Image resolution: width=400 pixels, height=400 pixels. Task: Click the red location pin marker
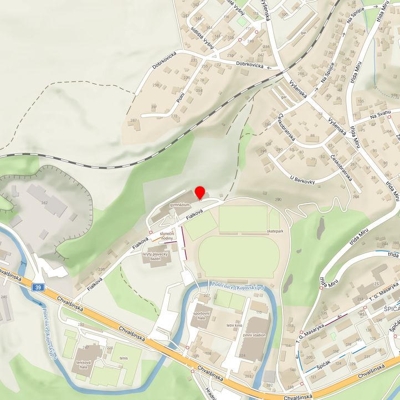coord(200,192)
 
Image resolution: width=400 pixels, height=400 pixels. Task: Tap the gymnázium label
coord(181,205)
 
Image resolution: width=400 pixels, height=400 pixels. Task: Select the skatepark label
coord(275,230)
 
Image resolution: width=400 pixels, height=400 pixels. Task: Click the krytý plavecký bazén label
coord(155,257)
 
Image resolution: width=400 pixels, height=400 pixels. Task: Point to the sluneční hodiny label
coord(167,236)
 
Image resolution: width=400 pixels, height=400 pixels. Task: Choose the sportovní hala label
coord(201,316)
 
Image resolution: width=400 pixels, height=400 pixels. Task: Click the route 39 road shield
coord(37,287)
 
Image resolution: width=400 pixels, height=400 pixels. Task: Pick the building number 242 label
coord(44,203)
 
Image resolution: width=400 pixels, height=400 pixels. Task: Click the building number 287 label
coord(133,120)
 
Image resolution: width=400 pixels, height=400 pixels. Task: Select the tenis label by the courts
coord(123,358)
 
